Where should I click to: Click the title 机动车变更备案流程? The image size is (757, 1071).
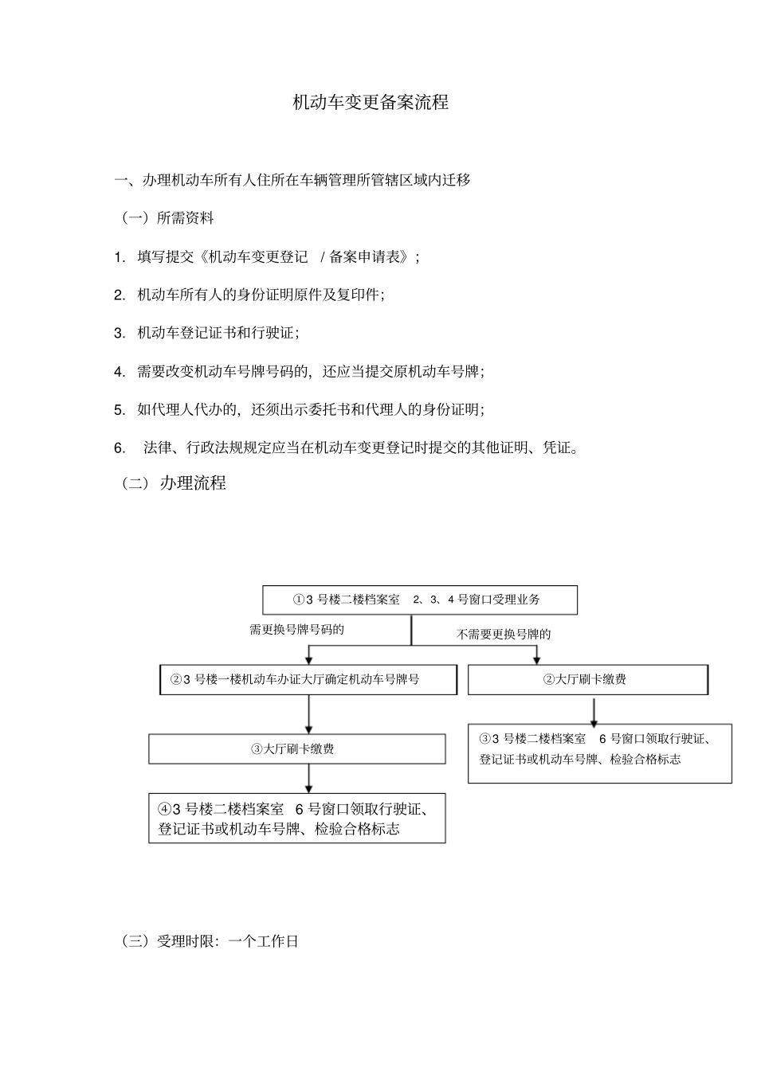coord(371,103)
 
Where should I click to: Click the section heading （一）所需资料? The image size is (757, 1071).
coord(167,217)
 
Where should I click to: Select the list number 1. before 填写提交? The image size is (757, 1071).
coord(120,256)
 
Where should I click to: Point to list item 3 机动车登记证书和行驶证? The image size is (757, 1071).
coord(218,333)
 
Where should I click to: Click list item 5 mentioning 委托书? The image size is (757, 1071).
coord(310,409)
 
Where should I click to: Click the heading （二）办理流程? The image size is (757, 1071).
coord(174,483)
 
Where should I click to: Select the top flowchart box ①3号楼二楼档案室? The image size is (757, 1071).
coord(420,600)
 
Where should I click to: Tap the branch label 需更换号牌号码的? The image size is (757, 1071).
coord(296,630)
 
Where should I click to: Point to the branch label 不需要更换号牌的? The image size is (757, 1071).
coord(504,635)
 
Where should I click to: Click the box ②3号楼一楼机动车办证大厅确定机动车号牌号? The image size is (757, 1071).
coord(308,679)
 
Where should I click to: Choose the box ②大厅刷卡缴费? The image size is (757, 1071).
coord(587,679)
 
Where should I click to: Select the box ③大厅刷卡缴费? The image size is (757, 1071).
coord(296,749)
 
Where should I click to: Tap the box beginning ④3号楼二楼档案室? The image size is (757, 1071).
coord(296,819)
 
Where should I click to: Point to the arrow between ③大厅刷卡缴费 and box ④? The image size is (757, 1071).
coord(308,778)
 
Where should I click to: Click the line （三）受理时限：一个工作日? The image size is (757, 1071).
coord(210,941)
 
